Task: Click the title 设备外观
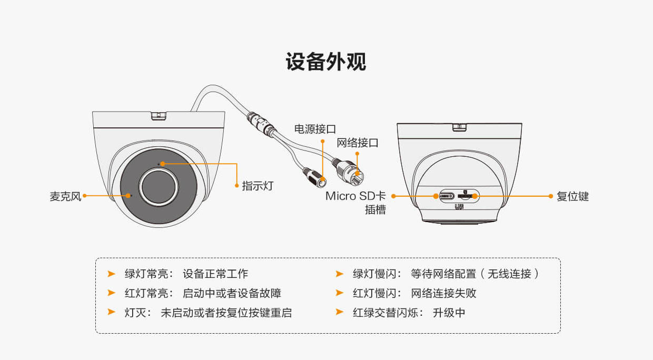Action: coord(326,62)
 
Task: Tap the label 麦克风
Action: coord(65,197)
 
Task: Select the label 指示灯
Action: coord(258,186)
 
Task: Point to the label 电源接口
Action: coord(315,128)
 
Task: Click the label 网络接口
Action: coord(358,143)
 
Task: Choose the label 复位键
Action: coord(572,197)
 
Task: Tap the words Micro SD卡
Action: coord(355,196)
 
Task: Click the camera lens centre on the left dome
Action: coord(159,186)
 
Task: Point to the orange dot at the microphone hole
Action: coord(128,195)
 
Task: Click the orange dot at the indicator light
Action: coord(162,164)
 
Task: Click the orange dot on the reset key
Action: coord(474,196)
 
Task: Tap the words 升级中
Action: coord(449,313)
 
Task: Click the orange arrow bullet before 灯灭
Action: coord(111,312)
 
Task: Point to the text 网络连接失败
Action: coord(443,293)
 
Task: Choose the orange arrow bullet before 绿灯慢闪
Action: coord(340,274)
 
